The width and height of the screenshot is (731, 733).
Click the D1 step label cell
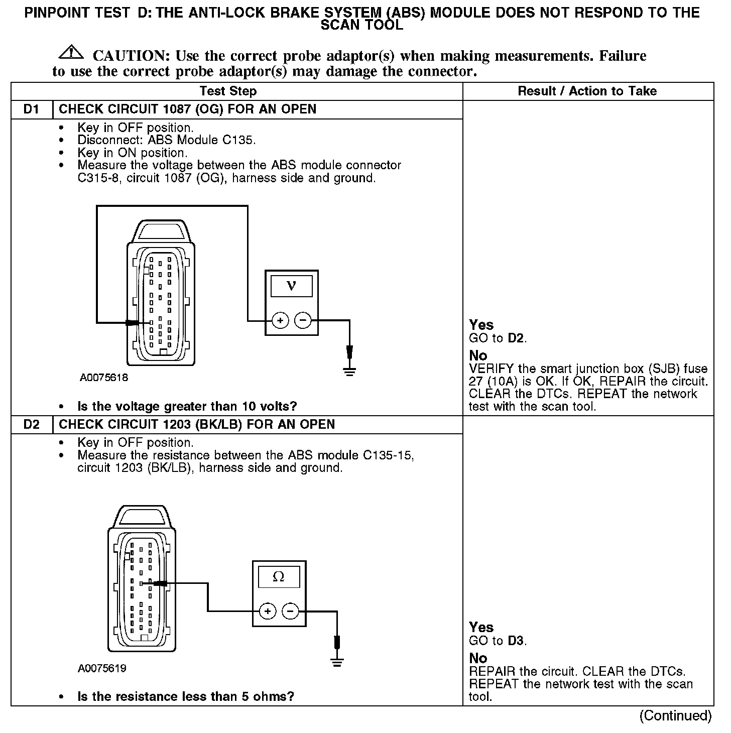[x=32, y=109]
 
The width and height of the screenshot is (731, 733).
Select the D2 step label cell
[x=32, y=425]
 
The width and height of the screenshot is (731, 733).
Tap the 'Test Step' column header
[x=228, y=91]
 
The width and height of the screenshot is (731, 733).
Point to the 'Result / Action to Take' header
[x=587, y=91]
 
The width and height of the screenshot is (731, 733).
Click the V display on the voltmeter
[x=291, y=286]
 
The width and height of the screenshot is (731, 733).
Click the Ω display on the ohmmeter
[x=279, y=577]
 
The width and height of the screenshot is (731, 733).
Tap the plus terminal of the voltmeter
[x=280, y=320]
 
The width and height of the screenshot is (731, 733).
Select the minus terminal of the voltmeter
[x=303, y=320]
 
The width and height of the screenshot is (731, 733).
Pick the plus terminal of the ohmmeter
[x=268, y=611]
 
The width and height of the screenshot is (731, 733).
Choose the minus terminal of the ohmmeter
[x=290, y=611]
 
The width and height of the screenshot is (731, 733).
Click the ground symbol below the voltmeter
[x=350, y=372]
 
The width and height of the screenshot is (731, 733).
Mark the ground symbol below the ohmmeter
[x=337, y=662]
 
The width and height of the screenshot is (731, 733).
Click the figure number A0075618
[x=104, y=378]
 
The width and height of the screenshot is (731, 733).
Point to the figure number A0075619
[x=102, y=669]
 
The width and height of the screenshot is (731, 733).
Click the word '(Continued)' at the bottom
[x=675, y=715]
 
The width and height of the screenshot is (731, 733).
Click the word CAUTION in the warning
[x=128, y=56]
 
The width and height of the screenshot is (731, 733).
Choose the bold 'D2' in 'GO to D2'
[x=516, y=338]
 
